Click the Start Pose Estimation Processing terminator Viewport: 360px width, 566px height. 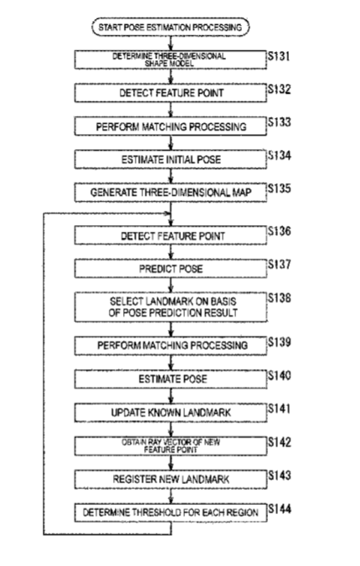[171, 27]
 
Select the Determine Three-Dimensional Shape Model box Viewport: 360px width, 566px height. [171, 59]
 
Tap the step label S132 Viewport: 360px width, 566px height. [279, 90]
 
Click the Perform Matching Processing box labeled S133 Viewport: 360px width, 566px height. [171, 126]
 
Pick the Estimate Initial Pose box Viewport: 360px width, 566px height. [171, 160]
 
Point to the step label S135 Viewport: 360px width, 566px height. [279, 188]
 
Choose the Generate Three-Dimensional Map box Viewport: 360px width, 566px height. [171, 193]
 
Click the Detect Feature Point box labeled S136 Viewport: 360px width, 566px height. [171, 236]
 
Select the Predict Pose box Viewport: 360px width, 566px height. [171, 269]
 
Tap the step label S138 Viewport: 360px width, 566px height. [279, 298]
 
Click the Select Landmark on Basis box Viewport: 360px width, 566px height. [171, 306]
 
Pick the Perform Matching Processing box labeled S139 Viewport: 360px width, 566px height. [171, 346]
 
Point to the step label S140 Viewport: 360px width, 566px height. [279, 376]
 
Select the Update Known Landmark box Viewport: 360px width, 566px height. [171, 413]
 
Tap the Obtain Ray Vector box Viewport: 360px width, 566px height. [171, 445]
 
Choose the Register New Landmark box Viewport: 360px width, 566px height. [171, 480]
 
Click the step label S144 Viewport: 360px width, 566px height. [280, 509]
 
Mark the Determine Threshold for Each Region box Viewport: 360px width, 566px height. [171, 512]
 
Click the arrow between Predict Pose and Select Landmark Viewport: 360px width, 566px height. [171, 286]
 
